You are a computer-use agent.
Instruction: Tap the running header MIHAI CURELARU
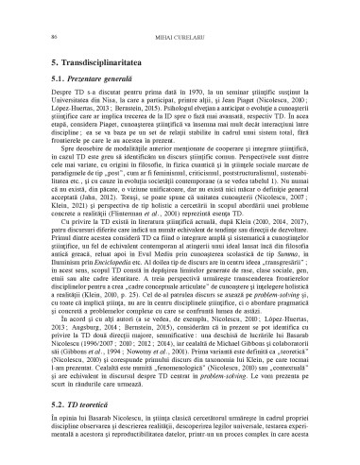180,36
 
